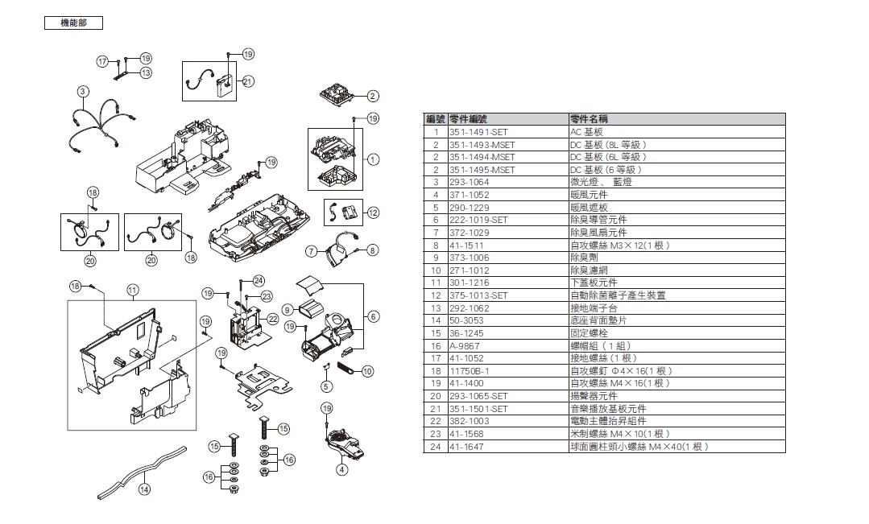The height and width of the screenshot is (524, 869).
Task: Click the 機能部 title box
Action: (73, 23)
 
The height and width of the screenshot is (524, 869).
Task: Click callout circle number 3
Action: (83, 90)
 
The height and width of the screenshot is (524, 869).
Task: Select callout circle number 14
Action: (144, 489)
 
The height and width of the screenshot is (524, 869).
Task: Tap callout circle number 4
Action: (341, 469)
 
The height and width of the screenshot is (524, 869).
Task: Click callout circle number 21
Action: (248, 80)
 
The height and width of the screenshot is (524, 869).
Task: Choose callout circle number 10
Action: (368, 371)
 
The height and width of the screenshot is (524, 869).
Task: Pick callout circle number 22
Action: (273, 320)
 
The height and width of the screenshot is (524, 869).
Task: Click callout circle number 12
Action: (372, 212)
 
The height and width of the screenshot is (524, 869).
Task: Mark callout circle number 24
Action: (259, 280)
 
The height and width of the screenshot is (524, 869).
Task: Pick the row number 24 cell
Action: (436, 447)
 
